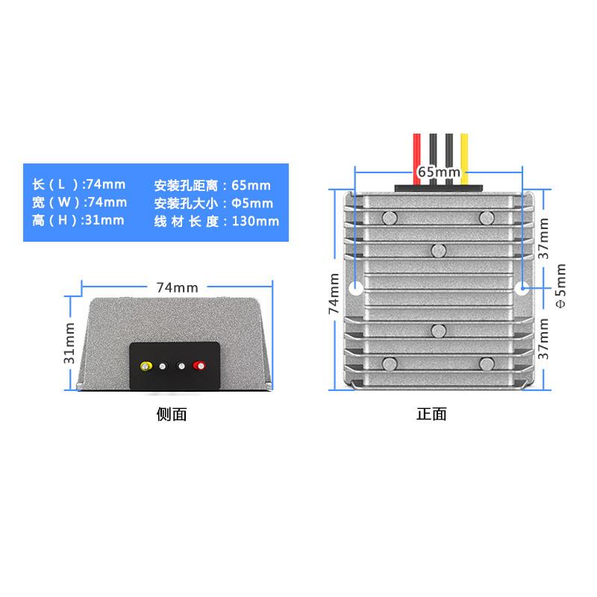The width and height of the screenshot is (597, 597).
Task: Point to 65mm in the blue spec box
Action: pos(251,185)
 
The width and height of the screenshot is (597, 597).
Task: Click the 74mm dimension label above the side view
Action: pos(177,287)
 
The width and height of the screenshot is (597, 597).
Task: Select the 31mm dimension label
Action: pos(69,343)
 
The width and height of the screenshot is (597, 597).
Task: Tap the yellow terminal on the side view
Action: pos(147,366)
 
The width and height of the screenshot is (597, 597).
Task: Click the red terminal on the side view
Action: pos(199,366)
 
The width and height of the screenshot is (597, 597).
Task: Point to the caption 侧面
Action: pos(172,415)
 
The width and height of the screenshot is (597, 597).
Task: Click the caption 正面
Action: pos(431,414)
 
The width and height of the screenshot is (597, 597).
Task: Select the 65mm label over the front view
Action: pos(439,172)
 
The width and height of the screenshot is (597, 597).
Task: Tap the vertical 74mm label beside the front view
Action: pos(335,293)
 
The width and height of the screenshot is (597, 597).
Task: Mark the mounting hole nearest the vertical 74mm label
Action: pos(356,287)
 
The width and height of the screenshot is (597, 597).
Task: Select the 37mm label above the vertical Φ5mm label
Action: pos(544,237)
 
